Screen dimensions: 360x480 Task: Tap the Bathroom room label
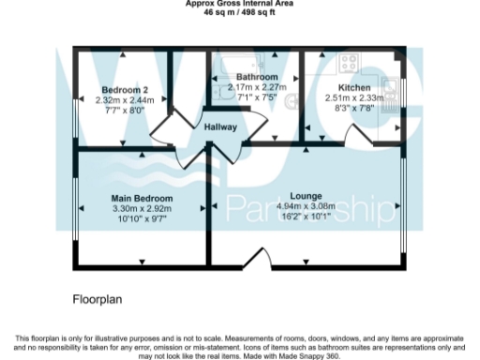[257, 76]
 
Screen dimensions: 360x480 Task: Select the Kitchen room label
[354, 86]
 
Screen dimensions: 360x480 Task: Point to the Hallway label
[220, 127]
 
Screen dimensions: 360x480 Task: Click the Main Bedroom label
[142, 199]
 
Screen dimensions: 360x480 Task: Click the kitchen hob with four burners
[348, 64]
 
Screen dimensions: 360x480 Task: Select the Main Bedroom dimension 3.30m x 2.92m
[142, 209]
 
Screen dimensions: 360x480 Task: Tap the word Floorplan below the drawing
[98, 301]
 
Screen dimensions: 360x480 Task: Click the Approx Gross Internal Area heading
[239, 4]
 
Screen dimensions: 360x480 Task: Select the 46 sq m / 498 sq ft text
[239, 12]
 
